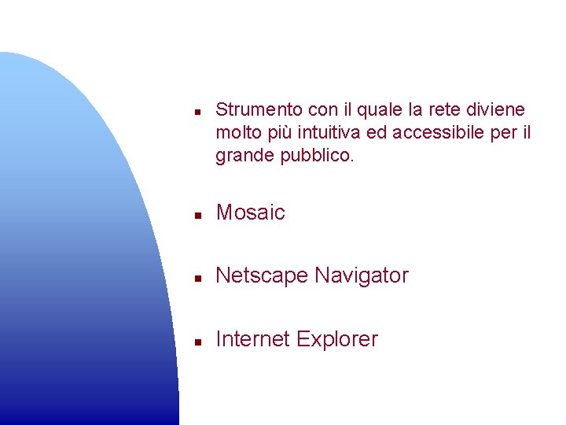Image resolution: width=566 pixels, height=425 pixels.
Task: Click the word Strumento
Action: click(252, 109)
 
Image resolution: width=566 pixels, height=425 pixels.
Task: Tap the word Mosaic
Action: click(250, 213)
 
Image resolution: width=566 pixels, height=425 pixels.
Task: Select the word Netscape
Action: click(262, 276)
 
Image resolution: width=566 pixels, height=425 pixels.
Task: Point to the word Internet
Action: click(251, 339)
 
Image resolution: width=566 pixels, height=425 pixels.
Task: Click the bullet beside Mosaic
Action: click(200, 214)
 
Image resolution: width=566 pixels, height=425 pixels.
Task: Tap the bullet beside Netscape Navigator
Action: click(200, 278)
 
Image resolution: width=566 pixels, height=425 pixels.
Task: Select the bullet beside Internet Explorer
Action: click(200, 342)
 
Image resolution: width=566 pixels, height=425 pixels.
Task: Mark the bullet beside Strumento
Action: click(200, 111)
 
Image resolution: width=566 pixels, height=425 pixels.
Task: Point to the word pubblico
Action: click(318, 156)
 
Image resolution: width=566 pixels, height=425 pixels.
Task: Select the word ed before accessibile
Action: click(377, 133)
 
